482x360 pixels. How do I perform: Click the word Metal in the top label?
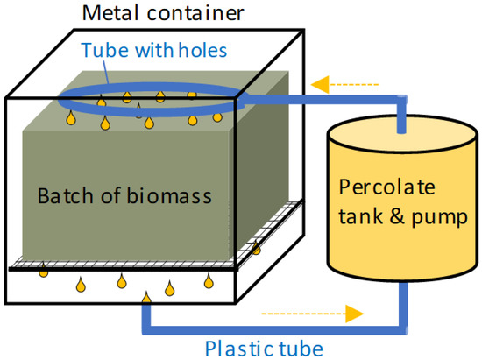click(110, 15)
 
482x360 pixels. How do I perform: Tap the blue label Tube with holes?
click(155, 50)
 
